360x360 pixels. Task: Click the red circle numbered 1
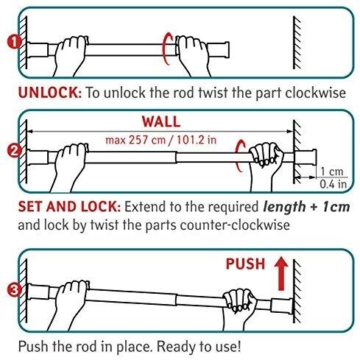(x=14, y=42)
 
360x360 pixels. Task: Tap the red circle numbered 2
(x=14, y=151)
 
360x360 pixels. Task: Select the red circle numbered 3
(x=14, y=290)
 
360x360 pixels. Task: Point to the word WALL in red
(x=161, y=121)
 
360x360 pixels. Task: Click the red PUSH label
(x=245, y=264)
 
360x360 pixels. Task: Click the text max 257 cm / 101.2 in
(x=161, y=140)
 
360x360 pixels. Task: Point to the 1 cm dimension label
(x=332, y=172)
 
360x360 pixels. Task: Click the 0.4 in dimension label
(x=333, y=184)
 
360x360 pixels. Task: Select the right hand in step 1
(x=193, y=56)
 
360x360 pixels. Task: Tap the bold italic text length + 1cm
(x=306, y=207)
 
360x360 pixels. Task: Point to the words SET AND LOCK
(x=69, y=207)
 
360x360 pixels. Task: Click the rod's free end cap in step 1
(x=219, y=50)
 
